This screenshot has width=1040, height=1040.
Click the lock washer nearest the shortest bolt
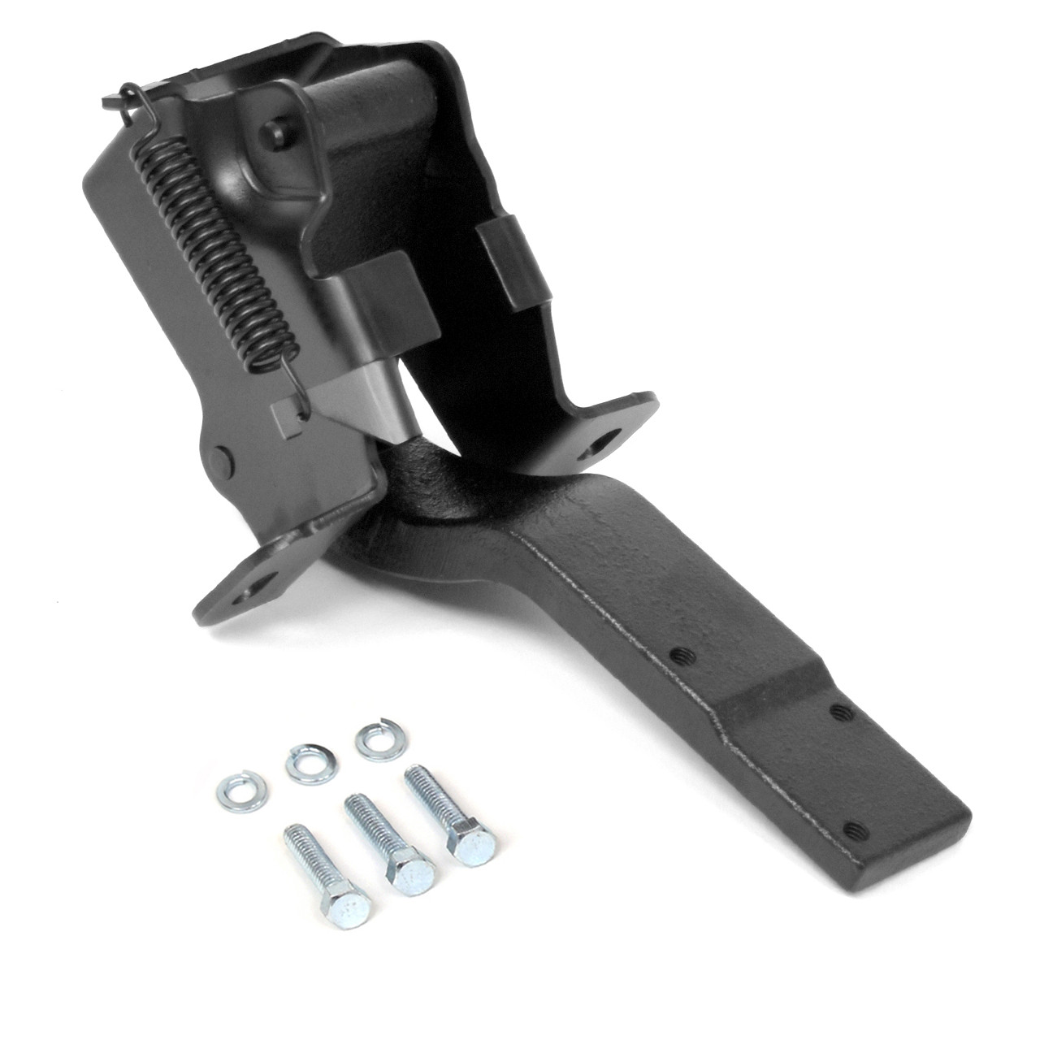click(234, 786)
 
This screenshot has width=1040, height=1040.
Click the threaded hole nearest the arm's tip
click(851, 830)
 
